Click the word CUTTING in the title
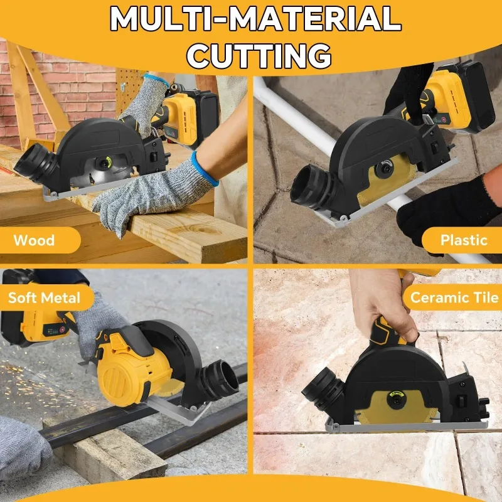coord(259,55)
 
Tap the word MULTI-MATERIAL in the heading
coord(255,19)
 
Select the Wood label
coord(35,240)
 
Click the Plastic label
coord(464,240)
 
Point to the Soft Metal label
coord(44,297)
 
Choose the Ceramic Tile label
coord(454,297)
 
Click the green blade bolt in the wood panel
coord(105,163)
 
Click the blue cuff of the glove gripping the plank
coord(205,168)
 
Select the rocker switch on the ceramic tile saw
coord(461,402)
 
